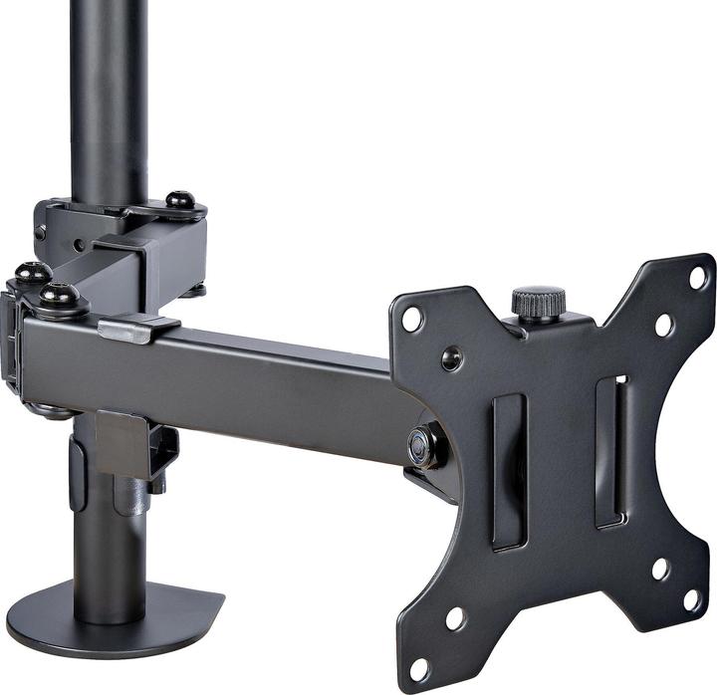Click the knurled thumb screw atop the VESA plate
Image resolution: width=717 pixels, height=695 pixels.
point(539,301)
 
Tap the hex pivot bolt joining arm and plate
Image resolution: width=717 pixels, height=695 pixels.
point(426,445)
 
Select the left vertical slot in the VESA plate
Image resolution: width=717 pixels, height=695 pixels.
point(509,471)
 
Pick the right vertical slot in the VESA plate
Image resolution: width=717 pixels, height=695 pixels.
point(611,451)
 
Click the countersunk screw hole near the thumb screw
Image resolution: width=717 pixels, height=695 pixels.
point(452,355)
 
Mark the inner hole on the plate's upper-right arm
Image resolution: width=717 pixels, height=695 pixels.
point(663,324)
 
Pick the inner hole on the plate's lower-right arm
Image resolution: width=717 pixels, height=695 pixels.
point(659,569)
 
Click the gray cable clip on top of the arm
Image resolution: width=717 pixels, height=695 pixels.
point(137,327)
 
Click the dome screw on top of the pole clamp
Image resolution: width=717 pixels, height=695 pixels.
point(180,200)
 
